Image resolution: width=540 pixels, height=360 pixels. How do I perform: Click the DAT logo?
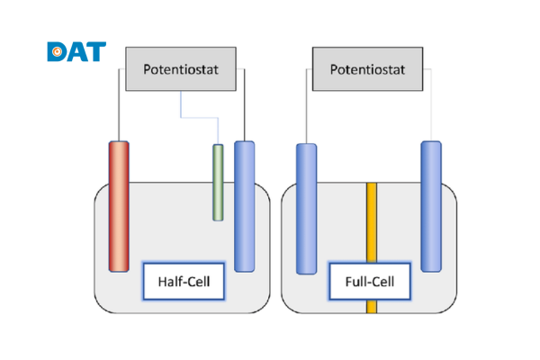[x=76, y=51]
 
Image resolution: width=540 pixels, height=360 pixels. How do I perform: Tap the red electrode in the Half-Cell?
[x=119, y=205]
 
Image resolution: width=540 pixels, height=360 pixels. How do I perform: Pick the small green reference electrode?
[x=217, y=182]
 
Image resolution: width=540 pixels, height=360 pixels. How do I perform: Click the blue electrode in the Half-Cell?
[x=245, y=205]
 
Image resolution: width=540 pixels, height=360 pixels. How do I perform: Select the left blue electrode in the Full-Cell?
[x=307, y=207]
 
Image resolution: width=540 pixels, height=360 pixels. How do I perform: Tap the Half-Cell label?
[x=184, y=283]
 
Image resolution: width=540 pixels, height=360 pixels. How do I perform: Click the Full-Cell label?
[x=370, y=283]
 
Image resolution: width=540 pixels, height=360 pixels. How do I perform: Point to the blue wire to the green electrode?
[x=198, y=118]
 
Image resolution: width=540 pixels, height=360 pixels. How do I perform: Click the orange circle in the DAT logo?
[x=56, y=52]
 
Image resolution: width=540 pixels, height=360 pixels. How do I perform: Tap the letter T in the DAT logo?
[x=95, y=51]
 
